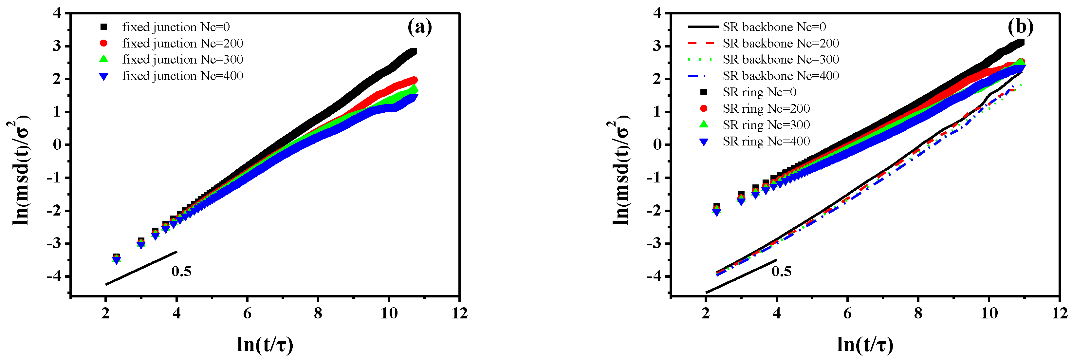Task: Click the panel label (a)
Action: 419,28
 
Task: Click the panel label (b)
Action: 1020,28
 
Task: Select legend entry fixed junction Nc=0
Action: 175,27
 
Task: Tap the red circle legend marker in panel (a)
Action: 103,43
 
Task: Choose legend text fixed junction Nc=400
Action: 182,76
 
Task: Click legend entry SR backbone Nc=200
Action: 780,43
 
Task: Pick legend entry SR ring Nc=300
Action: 766,125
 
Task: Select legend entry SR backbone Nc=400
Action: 780,76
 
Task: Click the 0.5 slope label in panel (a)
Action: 181,271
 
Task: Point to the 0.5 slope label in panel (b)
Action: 781,271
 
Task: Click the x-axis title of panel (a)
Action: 265,345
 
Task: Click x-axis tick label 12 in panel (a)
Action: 459,313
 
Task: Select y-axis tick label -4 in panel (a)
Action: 57,276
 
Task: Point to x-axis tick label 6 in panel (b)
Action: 847,313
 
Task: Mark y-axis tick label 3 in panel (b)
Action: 657,46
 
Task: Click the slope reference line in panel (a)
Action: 141,268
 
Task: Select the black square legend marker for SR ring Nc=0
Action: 704,92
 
